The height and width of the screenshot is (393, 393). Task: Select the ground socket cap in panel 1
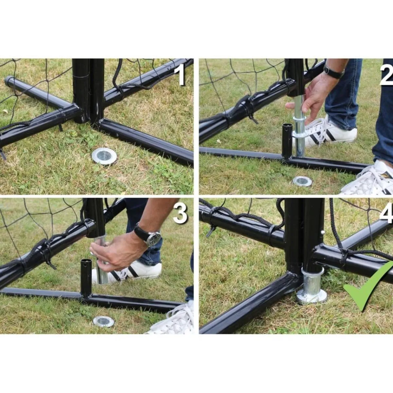104,156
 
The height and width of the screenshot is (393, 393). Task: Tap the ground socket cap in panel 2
302,181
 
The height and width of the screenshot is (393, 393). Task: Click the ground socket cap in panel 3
104,322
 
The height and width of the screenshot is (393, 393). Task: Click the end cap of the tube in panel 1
9,81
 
